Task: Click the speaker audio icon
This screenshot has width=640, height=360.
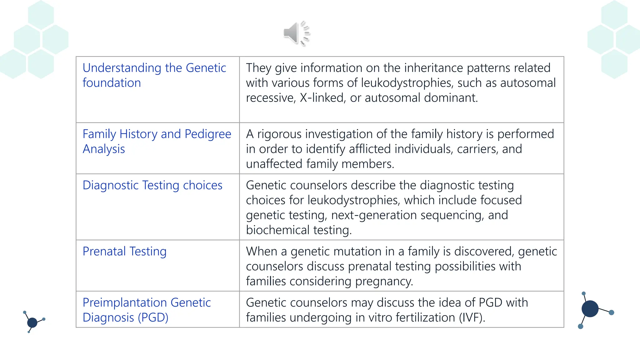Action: [296, 33]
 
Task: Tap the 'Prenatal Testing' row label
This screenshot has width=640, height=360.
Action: [124, 252]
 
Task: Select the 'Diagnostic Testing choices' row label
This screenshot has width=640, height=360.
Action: [152, 185]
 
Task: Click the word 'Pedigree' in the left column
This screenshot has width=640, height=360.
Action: [208, 134]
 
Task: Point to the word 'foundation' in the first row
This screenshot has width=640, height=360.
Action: [112, 83]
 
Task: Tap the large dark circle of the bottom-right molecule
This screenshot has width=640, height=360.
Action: [590, 309]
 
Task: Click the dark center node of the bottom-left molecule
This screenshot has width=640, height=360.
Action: [32, 322]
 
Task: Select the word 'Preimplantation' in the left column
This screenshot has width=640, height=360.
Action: [124, 303]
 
